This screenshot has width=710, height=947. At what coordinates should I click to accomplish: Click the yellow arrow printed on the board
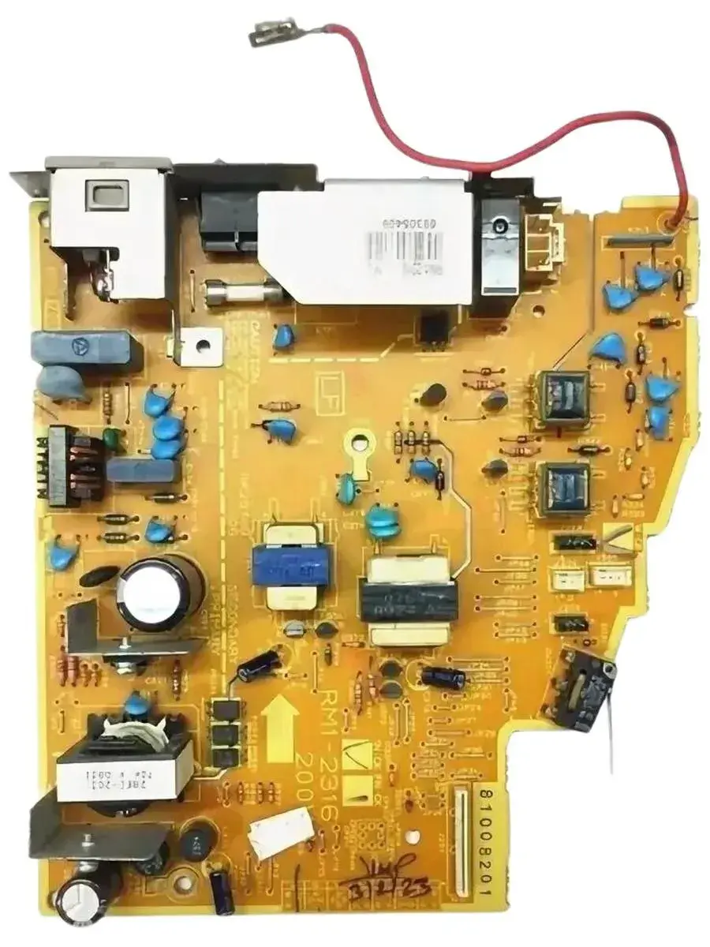pos(282,727)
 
